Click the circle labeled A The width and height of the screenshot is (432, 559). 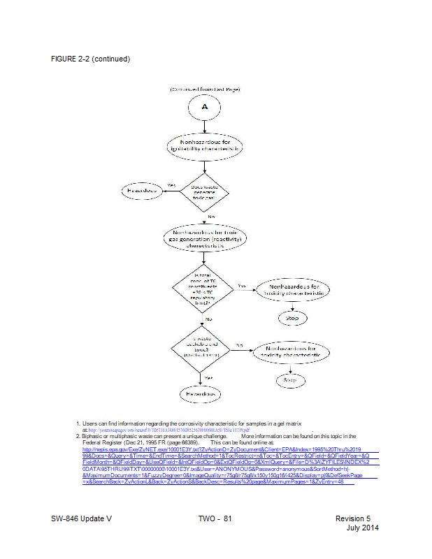204,107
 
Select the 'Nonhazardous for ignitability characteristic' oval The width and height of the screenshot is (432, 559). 204,146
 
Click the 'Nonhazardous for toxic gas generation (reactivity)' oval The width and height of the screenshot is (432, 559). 204,239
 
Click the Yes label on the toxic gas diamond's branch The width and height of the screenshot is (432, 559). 171,185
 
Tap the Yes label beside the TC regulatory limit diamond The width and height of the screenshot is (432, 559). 242,285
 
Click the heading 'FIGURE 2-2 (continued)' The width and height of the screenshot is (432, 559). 91,59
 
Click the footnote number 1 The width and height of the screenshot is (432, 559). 78,423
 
